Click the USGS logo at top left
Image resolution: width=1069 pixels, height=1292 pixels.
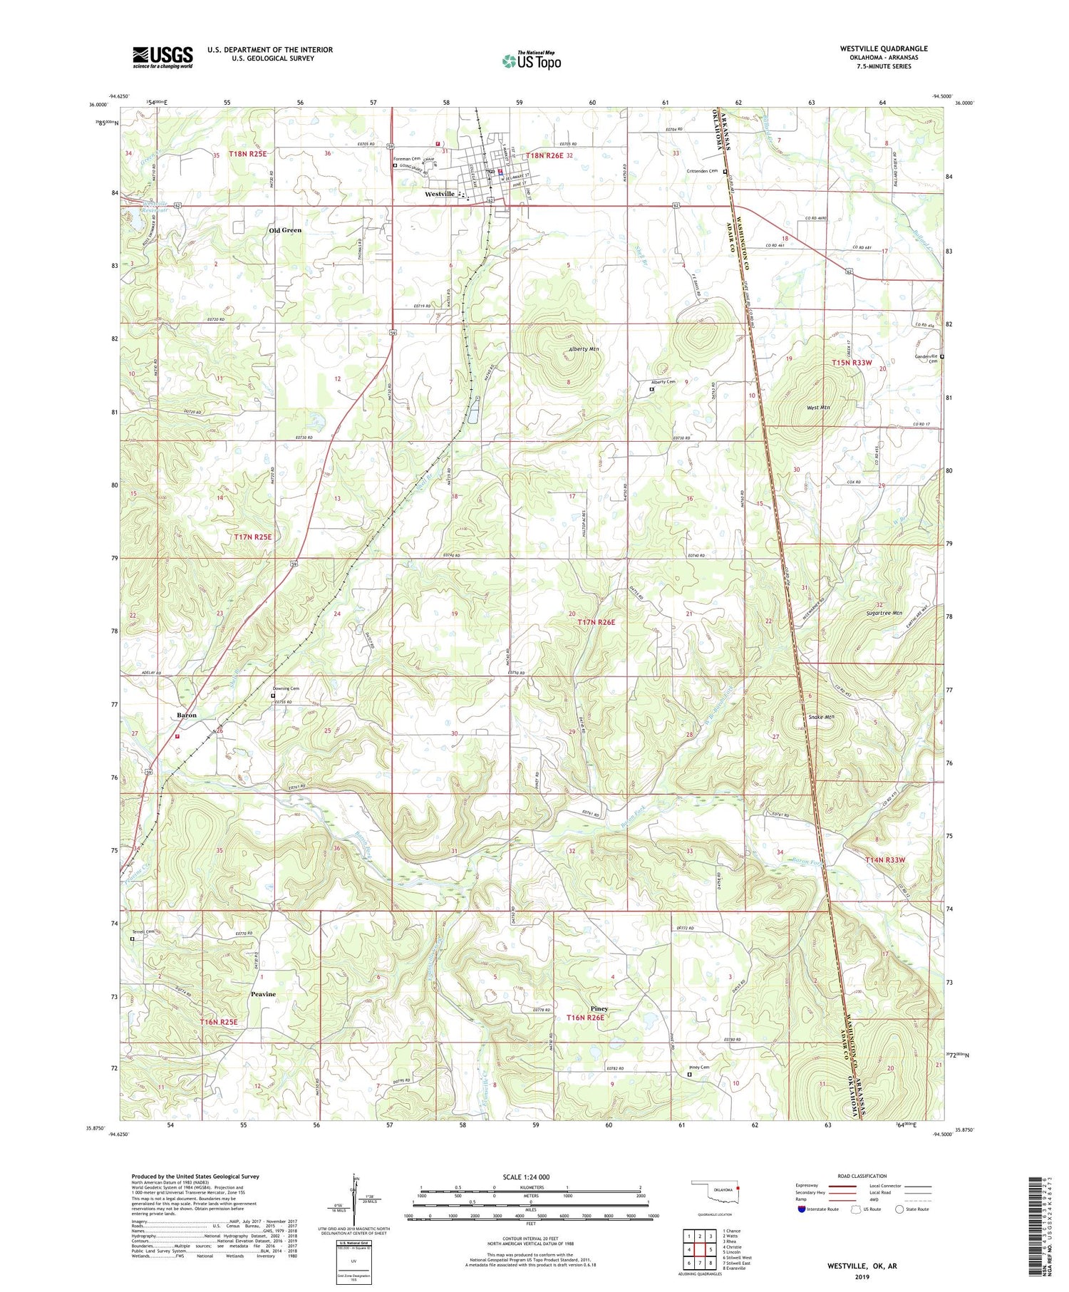[x=162, y=56]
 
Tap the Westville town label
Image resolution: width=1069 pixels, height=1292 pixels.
[x=439, y=194]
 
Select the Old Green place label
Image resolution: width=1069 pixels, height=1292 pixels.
[x=285, y=230]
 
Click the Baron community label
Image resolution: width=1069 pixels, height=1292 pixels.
[x=186, y=715]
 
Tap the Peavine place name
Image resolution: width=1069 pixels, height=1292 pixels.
[x=262, y=993]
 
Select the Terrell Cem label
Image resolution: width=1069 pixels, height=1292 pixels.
[x=143, y=931]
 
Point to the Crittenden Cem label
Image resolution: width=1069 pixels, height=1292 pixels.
[x=701, y=171]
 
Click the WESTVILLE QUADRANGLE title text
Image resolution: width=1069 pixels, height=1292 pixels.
[x=883, y=49]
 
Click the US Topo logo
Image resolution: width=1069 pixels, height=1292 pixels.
[x=532, y=61]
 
